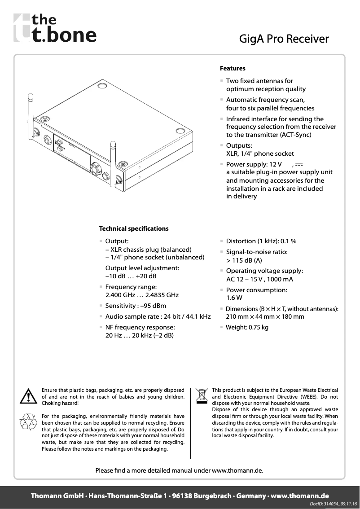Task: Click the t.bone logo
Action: click(55, 28)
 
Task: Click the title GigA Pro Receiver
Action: click(284, 39)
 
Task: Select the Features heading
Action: click(233, 69)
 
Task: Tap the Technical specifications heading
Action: click(134, 228)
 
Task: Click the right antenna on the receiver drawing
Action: click(113, 157)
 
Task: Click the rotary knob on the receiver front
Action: click(96, 168)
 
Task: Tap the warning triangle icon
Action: click(28, 395)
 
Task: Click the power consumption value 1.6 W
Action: click(234, 298)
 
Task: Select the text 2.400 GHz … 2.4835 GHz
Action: click(142, 295)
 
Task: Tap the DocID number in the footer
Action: click(334, 505)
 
